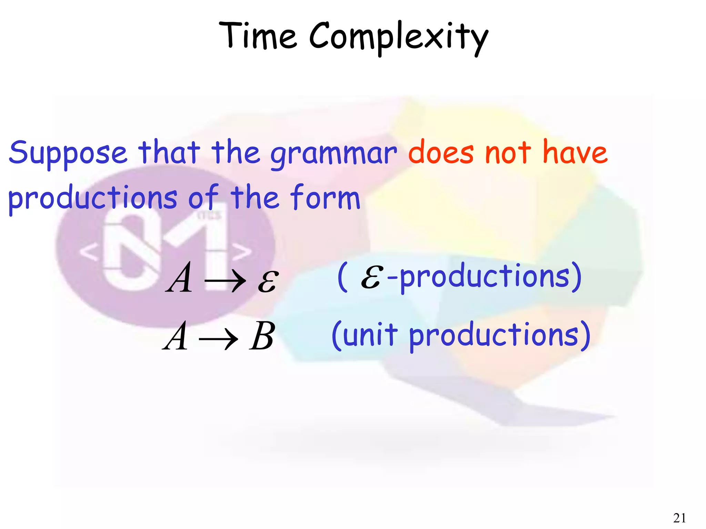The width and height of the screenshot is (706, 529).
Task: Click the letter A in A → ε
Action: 179,278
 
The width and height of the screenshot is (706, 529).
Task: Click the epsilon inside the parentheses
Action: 371,277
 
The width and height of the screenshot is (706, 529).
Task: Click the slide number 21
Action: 679,518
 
